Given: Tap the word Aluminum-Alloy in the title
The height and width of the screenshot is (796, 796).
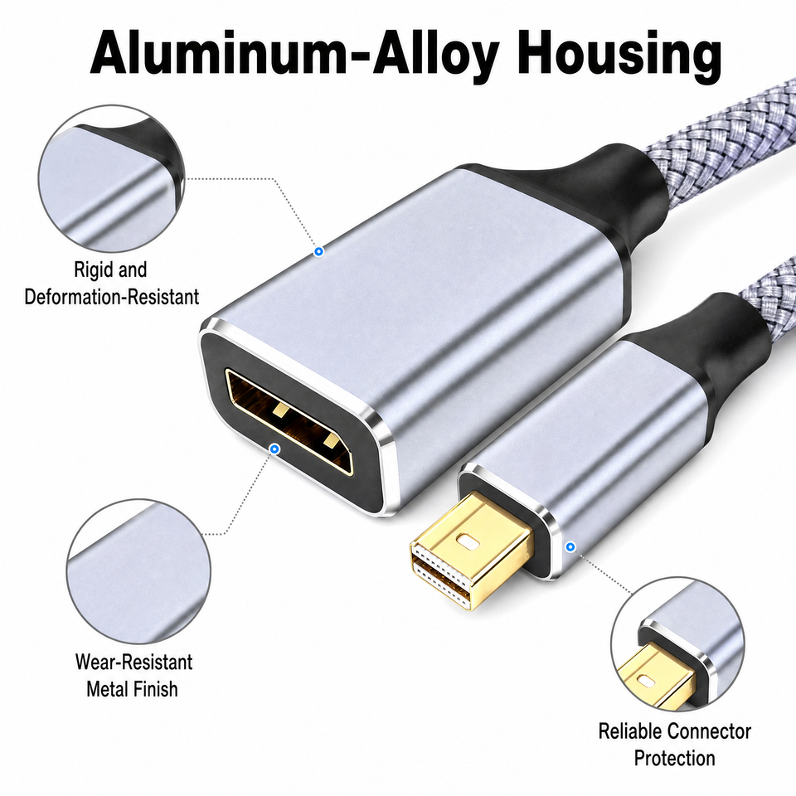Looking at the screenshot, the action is [x=295, y=54].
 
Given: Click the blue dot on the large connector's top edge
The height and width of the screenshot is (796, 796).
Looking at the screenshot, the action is [x=318, y=251].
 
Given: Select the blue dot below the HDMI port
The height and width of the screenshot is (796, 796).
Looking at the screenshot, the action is [x=275, y=449].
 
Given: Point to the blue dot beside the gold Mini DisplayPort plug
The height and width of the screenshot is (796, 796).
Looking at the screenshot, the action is [x=570, y=546].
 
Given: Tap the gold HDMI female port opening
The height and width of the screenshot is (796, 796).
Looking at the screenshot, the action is [x=290, y=420].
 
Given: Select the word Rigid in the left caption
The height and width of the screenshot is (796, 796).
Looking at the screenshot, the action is [x=91, y=269].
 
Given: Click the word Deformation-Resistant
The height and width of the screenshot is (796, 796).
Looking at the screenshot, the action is [x=112, y=297].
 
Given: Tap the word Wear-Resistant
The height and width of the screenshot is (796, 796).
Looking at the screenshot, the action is [x=134, y=662].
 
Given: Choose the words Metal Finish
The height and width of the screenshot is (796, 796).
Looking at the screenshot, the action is [x=132, y=689].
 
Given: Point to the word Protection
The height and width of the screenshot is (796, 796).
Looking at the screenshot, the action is [x=675, y=758].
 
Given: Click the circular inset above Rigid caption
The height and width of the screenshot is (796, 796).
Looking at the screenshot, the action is [x=112, y=179].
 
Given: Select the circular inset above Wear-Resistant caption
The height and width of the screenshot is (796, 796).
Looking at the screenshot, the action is [x=138, y=572].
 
